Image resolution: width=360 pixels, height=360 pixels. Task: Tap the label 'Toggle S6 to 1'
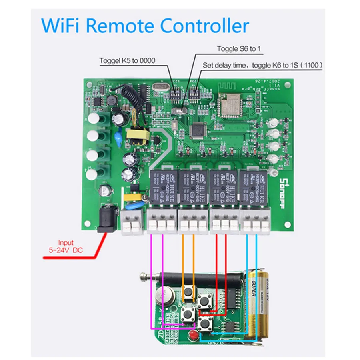point(239,49)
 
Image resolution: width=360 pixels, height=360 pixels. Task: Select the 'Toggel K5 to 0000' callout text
point(127,61)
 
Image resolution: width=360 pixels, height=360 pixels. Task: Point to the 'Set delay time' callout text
point(262,64)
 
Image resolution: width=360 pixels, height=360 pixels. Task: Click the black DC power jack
point(107,218)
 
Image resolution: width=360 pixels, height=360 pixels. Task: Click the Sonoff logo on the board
point(282,182)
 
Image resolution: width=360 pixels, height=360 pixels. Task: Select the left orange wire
point(183,256)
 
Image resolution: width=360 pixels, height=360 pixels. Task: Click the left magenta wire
point(151,280)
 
